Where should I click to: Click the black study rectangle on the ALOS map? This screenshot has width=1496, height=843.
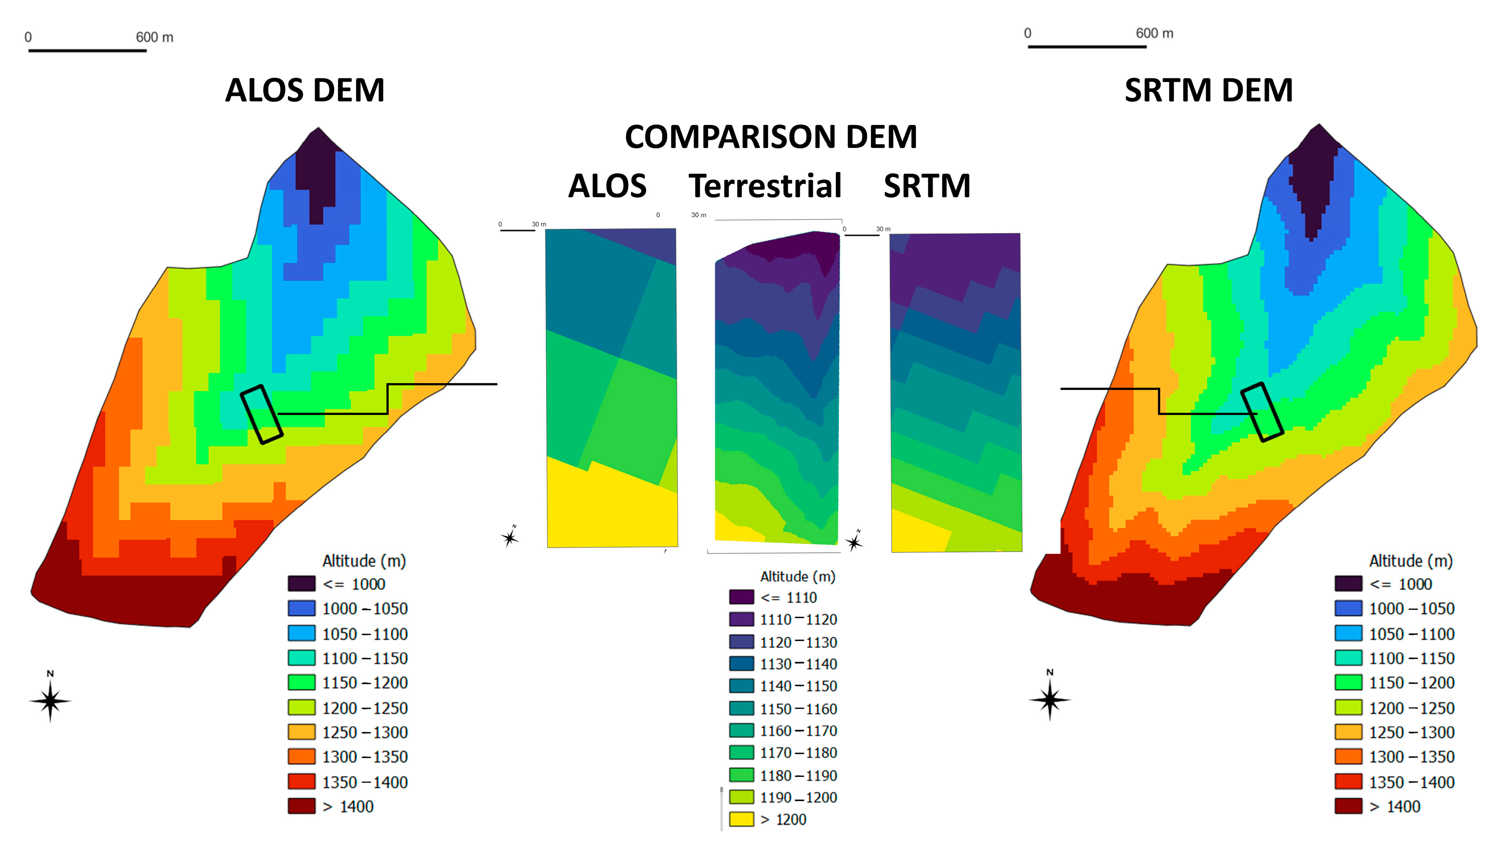click(x=261, y=414)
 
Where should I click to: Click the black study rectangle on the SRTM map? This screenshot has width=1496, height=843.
click(x=1262, y=412)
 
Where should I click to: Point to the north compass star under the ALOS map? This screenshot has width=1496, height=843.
click(x=51, y=701)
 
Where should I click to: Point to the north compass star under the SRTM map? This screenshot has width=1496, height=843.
click(x=1049, y=700)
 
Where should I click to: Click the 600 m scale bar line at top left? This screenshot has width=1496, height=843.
click(x=87, y=51)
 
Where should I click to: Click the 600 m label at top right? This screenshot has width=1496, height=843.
click(x=1154, y=33)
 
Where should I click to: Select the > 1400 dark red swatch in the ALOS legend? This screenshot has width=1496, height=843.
click(x=301, y=806)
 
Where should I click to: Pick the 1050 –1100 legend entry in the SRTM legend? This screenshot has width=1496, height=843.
click(x=1411, y=634)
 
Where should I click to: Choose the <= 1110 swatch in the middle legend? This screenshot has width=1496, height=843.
click(x=741, y=597)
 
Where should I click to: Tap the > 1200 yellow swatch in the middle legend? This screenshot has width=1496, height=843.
click(x=741, y=819)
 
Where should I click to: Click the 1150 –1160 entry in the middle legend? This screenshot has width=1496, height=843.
click(x=798, y=709)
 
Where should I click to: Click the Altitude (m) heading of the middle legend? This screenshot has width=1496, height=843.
click(x=798, y=576)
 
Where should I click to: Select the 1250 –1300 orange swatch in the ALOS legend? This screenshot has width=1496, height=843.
click(x=301, y=732)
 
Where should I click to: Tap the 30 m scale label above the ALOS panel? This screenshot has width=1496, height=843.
click(x=538, y=224)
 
